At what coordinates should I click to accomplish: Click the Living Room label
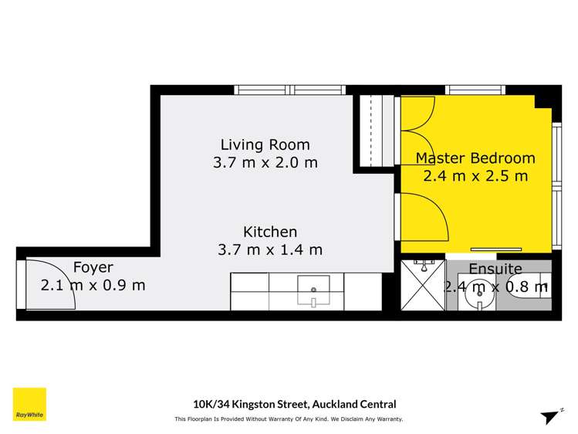(x=265, y=144)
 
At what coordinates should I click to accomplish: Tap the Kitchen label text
(x=270, y=232)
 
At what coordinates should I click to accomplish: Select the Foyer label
(x=93, y=267)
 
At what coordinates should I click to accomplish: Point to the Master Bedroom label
(x=475, y=158)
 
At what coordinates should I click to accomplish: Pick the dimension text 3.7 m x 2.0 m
(x=265, y=163)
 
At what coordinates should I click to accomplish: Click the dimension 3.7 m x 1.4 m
(x=270, y=249)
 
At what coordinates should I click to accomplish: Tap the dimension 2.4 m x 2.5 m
(x=475, y=176)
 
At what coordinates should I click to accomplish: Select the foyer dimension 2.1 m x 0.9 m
(x=93, y=285)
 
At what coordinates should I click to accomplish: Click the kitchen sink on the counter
(x=314, y=291)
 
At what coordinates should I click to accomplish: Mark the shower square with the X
(x=421, y=285)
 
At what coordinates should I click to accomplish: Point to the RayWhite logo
(x=29, y=405)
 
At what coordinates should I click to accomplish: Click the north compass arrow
(x=549, y=416)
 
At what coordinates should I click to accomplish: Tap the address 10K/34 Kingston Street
(x=294, y=404)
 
